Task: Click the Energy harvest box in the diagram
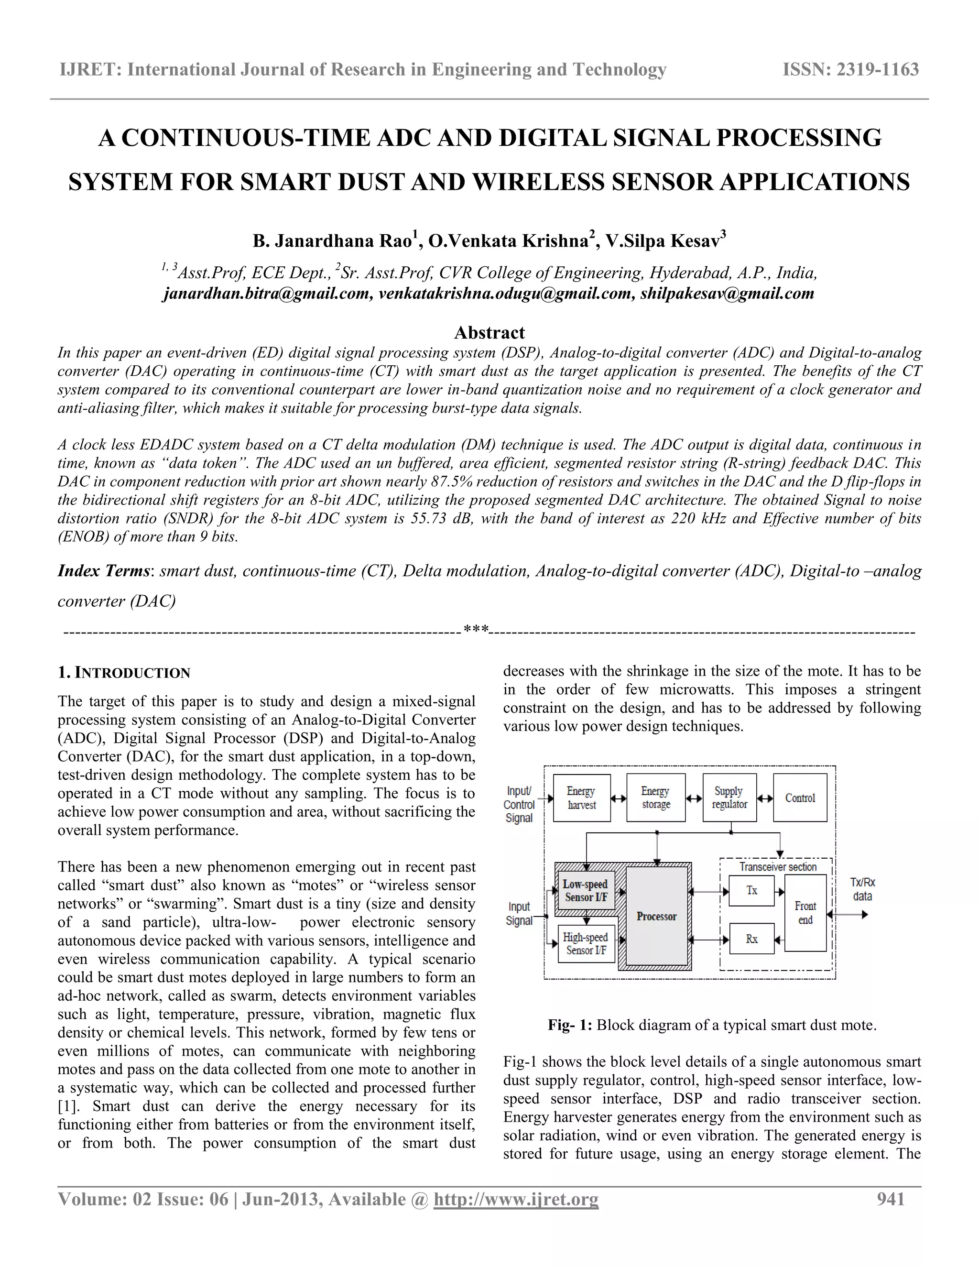tap(581, 797)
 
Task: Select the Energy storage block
tap(655, 797)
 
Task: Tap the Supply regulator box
tap(729, 797)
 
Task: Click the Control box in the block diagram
tap(800, 797)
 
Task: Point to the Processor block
tap(656, 916)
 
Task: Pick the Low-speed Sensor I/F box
tap(585, 891)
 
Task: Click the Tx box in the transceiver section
tap(751, 891)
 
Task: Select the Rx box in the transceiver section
tap(751, 939)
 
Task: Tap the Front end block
tap(805, 913)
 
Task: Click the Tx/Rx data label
tap(862, 889)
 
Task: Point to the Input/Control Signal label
tap(519, 804)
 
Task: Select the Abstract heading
tap(489, 332)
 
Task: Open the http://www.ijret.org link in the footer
tap(516, 1199)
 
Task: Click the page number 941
tap(891, 1199)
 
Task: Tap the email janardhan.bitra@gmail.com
tap(267, 294)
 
